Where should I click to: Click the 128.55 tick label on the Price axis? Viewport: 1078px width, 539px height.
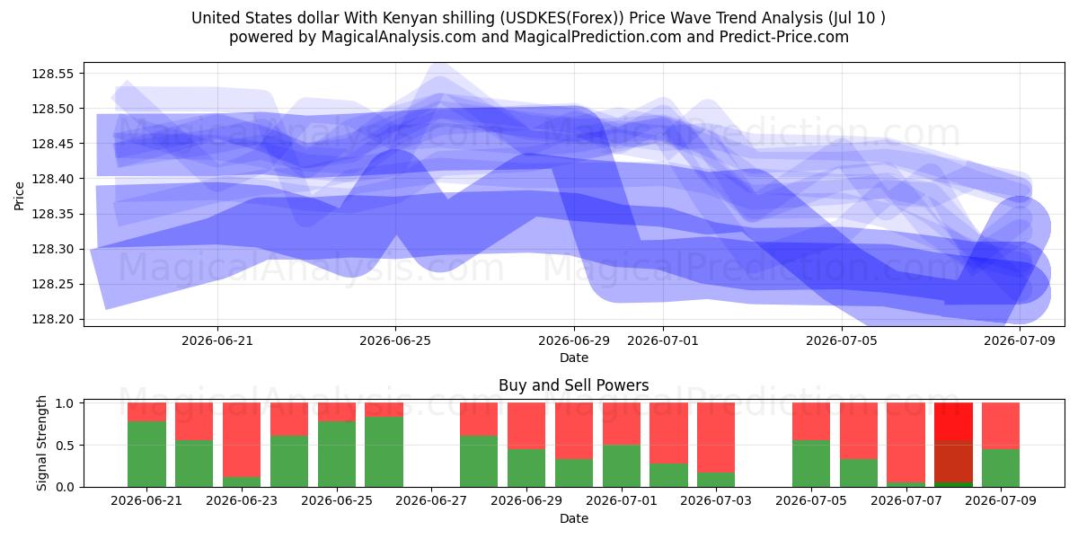(53, 74)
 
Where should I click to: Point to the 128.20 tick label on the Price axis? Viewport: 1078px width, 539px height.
(53, 319)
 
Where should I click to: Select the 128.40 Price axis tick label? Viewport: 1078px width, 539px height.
(53, 179)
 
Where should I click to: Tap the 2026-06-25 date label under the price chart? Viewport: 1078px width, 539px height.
(395, 340)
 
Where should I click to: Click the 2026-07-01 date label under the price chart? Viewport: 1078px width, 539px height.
(663, 340)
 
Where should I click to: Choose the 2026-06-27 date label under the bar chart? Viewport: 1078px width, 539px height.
(431, 500)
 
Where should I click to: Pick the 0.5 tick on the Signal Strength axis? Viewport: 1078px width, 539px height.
(65, 446)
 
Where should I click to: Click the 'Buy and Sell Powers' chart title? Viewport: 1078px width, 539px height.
(574, 385)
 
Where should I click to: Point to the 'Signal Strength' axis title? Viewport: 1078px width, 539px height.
(42, 443)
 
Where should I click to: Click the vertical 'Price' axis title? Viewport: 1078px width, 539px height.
(19, 196)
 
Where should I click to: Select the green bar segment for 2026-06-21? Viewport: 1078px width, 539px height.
(146, 454)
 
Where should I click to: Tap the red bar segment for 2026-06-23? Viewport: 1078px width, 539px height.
(242, 440)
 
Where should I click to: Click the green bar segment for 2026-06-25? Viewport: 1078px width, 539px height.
(337, 454)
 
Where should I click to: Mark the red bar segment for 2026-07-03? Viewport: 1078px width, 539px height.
(716, 437)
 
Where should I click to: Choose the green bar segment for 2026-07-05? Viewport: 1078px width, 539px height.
(811, 464)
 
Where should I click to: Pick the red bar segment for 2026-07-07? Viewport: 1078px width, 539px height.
(906, 442)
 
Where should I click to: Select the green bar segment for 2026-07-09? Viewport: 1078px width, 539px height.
(1001, 468)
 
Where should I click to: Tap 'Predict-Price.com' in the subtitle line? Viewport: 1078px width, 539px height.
(784, 37)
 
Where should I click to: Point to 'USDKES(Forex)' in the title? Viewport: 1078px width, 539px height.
(561, 18)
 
